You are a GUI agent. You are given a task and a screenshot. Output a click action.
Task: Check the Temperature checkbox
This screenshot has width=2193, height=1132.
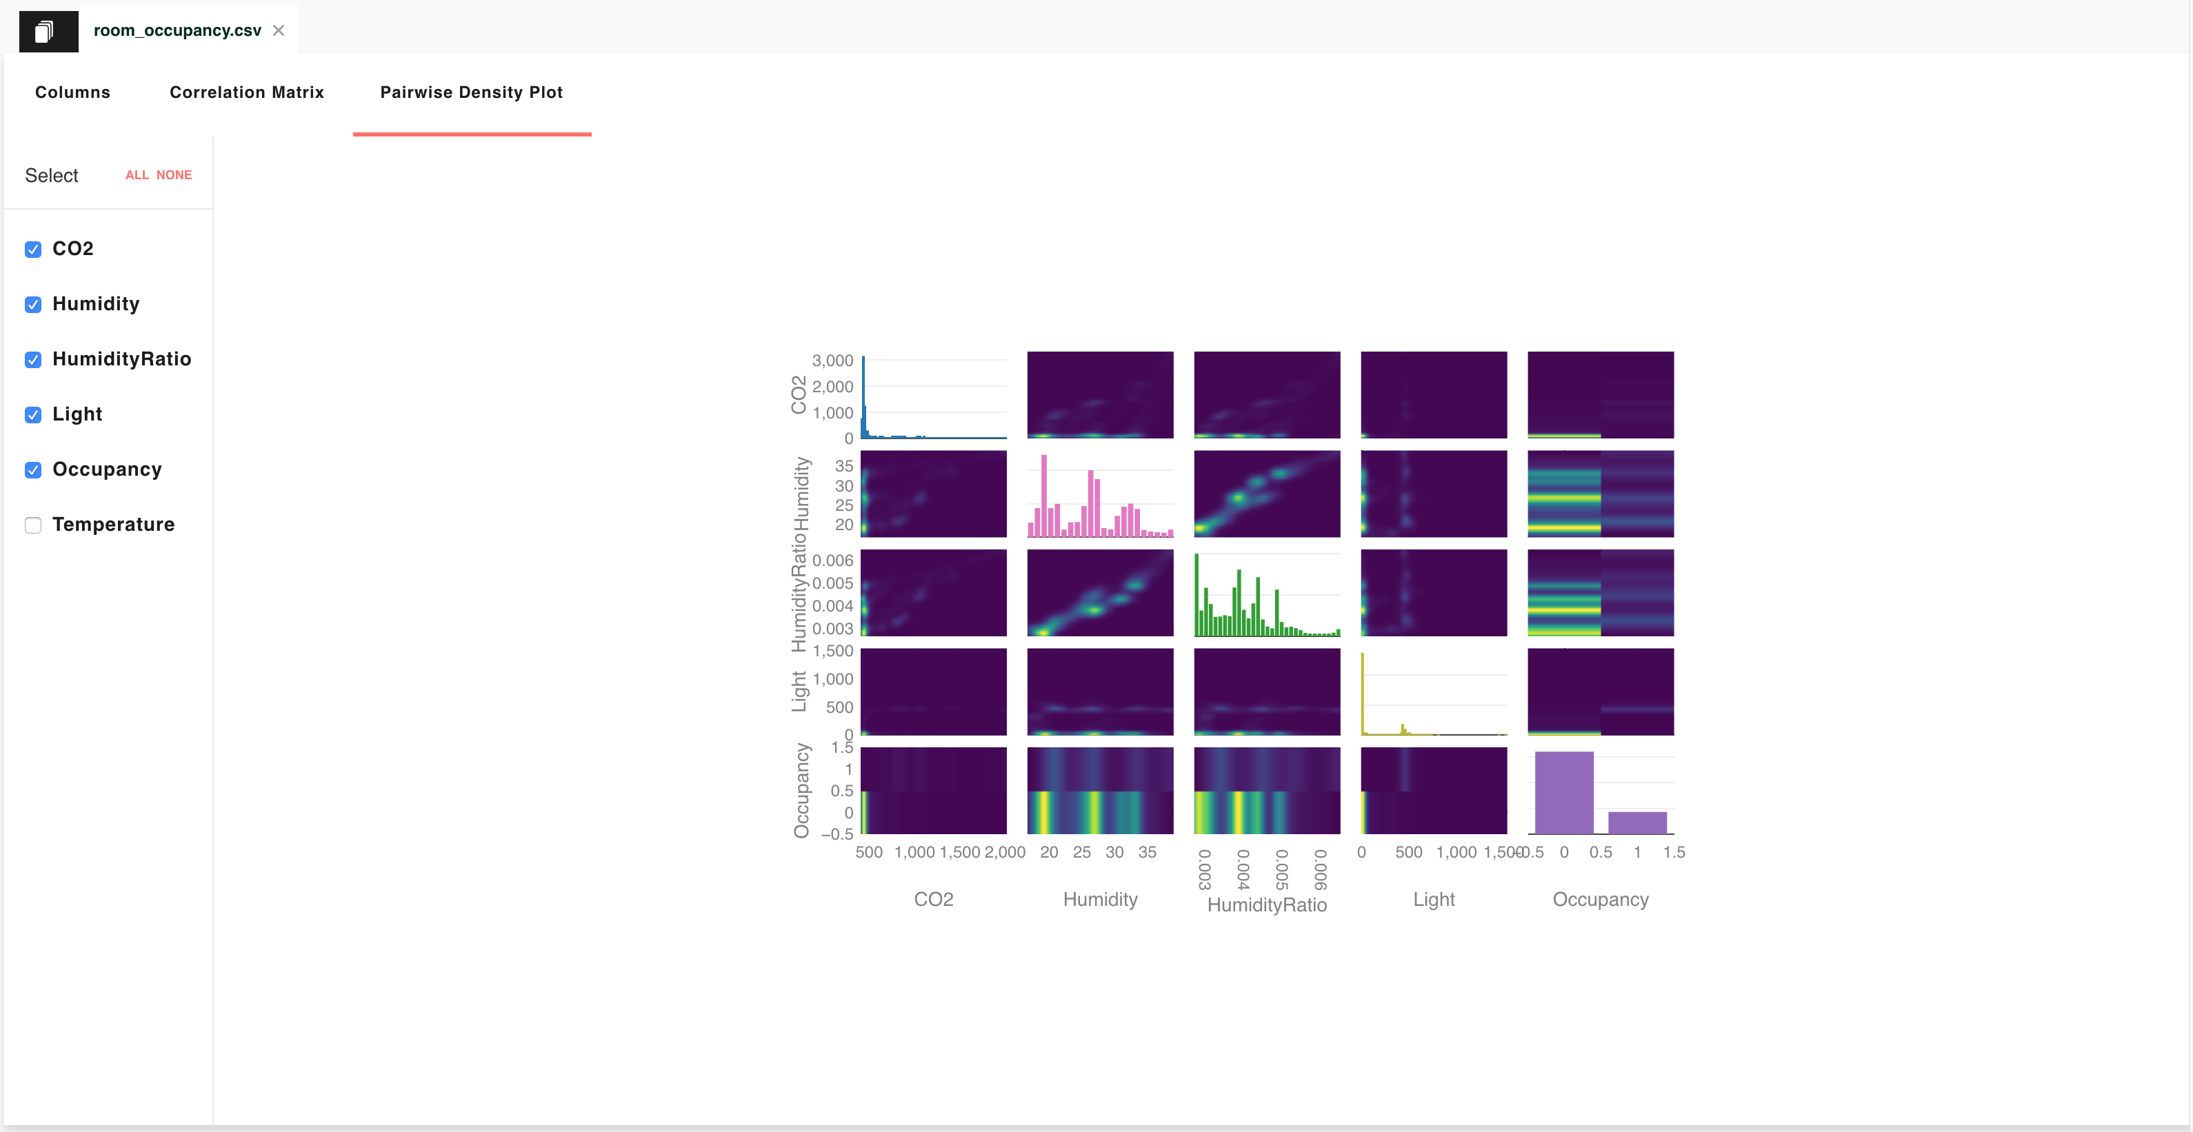click(33, 525)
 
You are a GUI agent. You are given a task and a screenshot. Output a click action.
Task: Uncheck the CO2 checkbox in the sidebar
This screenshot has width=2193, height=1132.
click(33, 250)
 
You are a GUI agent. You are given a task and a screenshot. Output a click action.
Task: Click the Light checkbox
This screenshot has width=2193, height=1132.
click(33, 414)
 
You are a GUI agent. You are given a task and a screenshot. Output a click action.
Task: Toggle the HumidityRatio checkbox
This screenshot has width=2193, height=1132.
click(33, 359)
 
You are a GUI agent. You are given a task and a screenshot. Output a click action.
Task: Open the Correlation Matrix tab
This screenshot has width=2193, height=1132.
click(246, 92)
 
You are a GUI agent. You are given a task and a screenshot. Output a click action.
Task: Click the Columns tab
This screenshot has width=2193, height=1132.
click(72, 92)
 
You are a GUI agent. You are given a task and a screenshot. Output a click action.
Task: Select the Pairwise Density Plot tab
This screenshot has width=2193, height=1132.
click(471, 92)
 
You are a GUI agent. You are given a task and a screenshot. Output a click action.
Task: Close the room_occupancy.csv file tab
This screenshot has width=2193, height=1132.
click(279, 30)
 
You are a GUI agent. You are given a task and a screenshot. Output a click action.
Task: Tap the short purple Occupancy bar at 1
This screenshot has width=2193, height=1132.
click(1636, 822)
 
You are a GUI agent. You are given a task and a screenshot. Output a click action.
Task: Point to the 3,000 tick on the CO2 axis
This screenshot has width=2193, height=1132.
click(832, 361)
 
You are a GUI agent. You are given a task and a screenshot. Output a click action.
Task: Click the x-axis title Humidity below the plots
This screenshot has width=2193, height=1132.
click(1100, 899)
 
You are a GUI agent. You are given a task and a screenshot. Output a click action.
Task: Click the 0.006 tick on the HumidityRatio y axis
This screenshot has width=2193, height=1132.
click(832, 560)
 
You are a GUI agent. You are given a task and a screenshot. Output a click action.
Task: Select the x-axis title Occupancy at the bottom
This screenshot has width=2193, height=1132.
click(1600, 899)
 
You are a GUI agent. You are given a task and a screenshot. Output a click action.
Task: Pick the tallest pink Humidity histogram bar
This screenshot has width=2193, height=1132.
click(1043, 496)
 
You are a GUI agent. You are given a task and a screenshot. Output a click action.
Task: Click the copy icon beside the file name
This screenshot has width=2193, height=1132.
click(44, 32)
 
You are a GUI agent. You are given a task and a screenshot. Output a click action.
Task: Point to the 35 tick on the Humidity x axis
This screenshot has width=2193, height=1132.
click(1147, 852)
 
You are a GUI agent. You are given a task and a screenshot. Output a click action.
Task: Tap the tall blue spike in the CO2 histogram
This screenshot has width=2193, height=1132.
click(863, 396)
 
